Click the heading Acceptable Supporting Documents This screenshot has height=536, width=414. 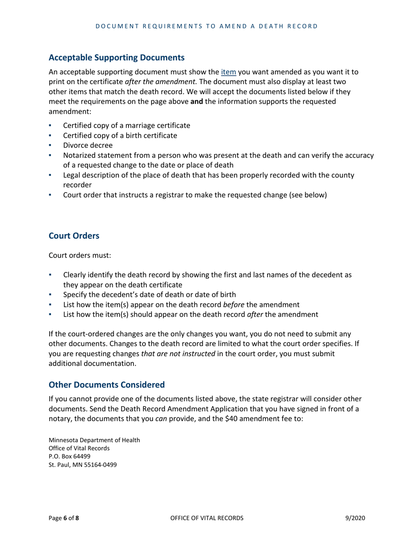click(x=116, y=57)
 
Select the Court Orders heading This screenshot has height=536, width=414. click(x=74, y=236)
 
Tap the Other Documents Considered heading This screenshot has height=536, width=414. click(x=107, y=385)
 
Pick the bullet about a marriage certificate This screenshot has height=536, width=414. click(x=126, y=126)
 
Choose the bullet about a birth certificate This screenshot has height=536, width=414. click(x=120, y=135)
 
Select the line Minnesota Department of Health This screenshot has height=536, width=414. click(x=94, y=440)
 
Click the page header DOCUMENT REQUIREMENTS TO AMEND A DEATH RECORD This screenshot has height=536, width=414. click(x=207, y=26)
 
